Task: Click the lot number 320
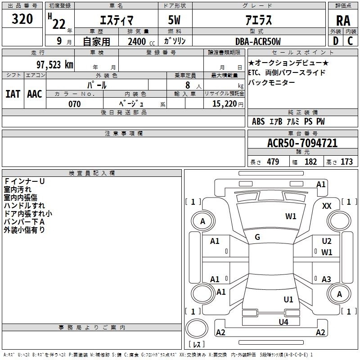tap(22, 19)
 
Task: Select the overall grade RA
tap(343, 21)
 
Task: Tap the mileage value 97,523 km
tap(55, 65)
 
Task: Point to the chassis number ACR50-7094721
tap(302, 143)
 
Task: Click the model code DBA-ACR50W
tap(258, 41)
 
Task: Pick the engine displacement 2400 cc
tap(141, 42)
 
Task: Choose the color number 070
tap(75, 104)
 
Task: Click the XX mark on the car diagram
tap(327, 206)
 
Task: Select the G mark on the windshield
tap(257, 237)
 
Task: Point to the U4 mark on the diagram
tap(283, 322)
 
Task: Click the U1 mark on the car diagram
tap(288, 300)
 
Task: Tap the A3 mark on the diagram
tap(326, 279)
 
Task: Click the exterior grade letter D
tap(336, 41)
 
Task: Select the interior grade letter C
tap(350, 41)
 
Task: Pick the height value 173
tap(346, 162)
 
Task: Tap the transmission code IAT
tap(13, 94)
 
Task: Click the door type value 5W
tap(174, 20)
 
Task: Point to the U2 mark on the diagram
tap(327, 241)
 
